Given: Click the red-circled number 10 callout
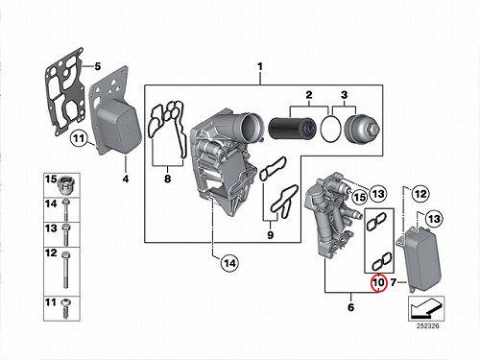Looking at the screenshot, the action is point(378,283).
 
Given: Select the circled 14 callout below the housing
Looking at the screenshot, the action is point(229,263).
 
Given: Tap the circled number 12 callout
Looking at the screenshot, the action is point(420,194).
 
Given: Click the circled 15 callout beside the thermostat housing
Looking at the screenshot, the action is point(360,197).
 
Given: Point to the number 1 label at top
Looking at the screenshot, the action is point(260,66).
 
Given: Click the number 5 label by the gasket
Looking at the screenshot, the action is point(98,66).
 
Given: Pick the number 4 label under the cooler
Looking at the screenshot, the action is point(126,179).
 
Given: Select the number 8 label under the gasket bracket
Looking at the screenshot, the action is point(168,179).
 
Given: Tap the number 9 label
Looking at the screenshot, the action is point(271,235).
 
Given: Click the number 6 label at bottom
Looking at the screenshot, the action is point(351,307).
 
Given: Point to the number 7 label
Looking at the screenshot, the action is point(394,282).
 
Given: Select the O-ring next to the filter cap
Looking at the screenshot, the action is point(330,129).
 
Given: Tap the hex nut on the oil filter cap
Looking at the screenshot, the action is point(374,130).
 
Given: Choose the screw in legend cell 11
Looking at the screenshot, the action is point(67,309).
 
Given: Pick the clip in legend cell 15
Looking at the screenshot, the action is point(66,185).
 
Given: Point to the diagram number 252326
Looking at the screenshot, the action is point(428,326).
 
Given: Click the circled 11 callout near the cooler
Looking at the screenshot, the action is point(79,138).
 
